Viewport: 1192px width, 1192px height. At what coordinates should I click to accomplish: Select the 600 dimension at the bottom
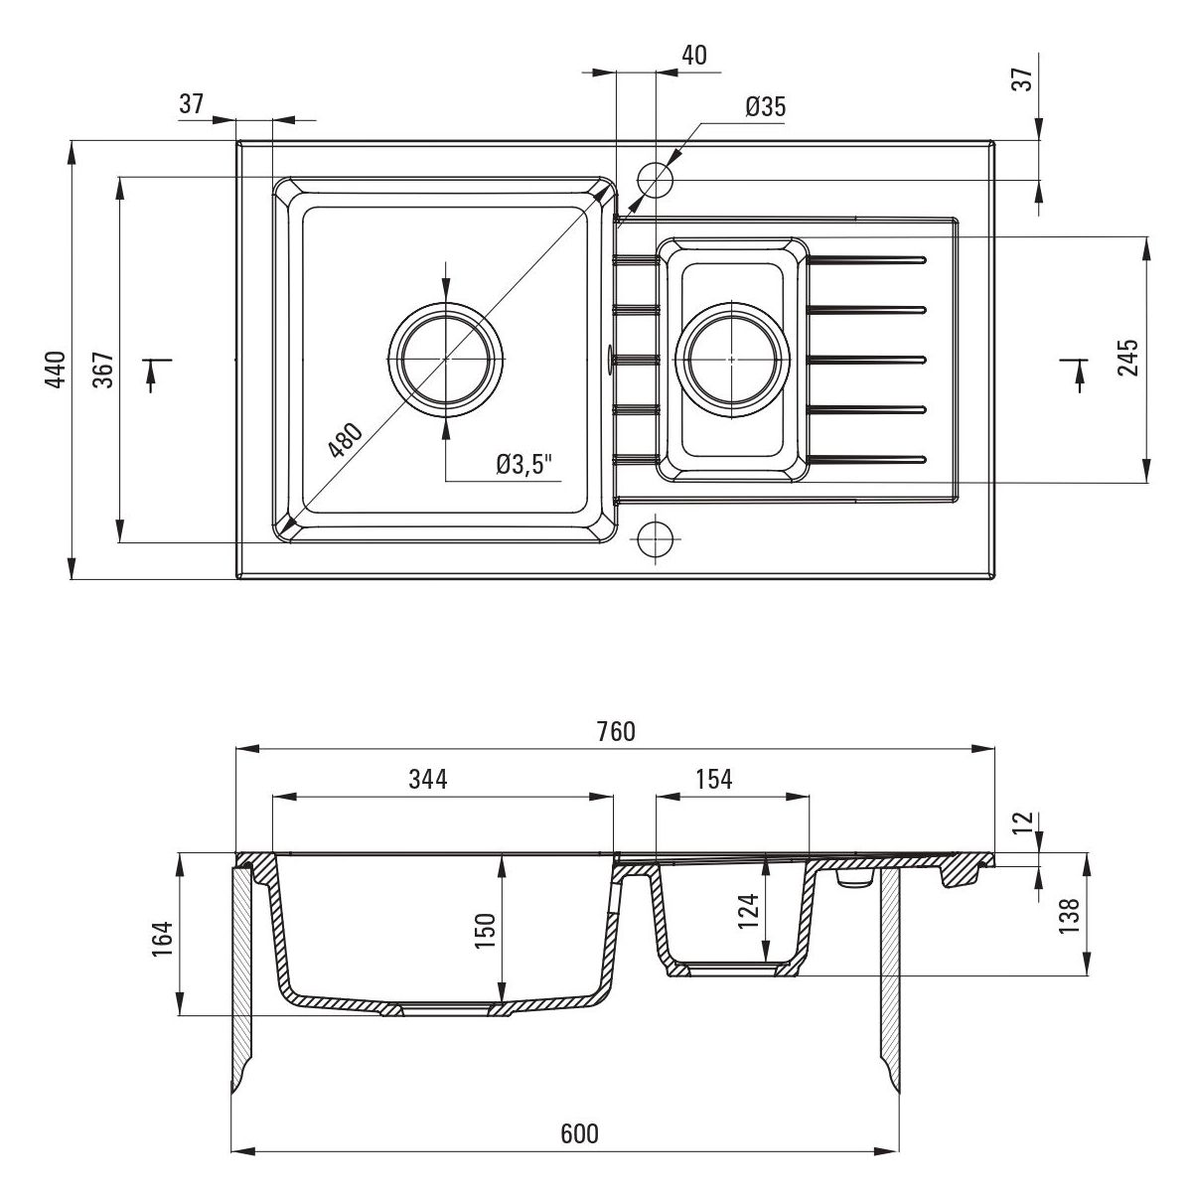(x=579, y=1134)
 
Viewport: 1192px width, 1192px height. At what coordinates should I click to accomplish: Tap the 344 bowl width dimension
(x=428, y=780)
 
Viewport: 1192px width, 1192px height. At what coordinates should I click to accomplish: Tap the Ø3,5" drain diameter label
(x=522, y=464)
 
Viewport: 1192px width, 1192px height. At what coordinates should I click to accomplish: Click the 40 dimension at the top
(x=694, y=56)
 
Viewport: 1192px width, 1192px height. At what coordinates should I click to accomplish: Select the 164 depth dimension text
(x=163, y=939)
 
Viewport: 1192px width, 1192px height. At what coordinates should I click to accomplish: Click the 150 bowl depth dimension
(x=485, y=931)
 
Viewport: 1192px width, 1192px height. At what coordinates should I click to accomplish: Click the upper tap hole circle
(x=655, y=179)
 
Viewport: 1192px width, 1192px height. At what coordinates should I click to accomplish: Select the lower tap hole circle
(x=655, y=538)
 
